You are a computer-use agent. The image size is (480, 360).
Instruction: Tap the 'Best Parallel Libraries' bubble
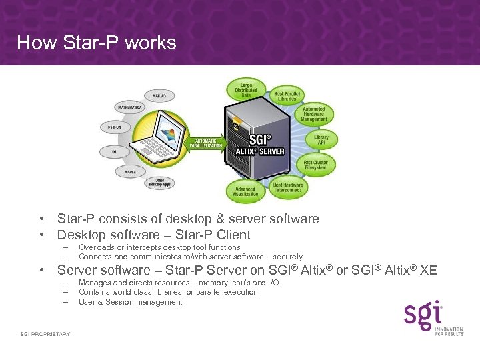pyautogui.click(x=287, y=97)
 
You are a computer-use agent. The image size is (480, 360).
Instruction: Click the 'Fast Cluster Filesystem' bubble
pyautogui.click(x=315, y=164)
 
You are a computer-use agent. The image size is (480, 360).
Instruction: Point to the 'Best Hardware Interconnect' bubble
pyautogui.click(x=288, y=187)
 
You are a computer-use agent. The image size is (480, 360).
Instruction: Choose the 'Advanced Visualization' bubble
pyautogui.click(x=245, y=192)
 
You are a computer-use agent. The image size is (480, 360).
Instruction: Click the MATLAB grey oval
pyautogui.click(x=158, y=96)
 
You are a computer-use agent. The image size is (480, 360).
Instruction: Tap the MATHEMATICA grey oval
pyautogui.click(x=125, y=106)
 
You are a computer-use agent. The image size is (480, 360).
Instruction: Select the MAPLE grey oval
pyautogui.click(x=125, y=172)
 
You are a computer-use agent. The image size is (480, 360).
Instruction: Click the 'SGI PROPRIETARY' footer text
pyautogui.click(x=45, y=333)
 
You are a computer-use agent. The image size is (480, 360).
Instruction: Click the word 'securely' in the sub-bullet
pyautogui.click(x=284, y=257)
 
